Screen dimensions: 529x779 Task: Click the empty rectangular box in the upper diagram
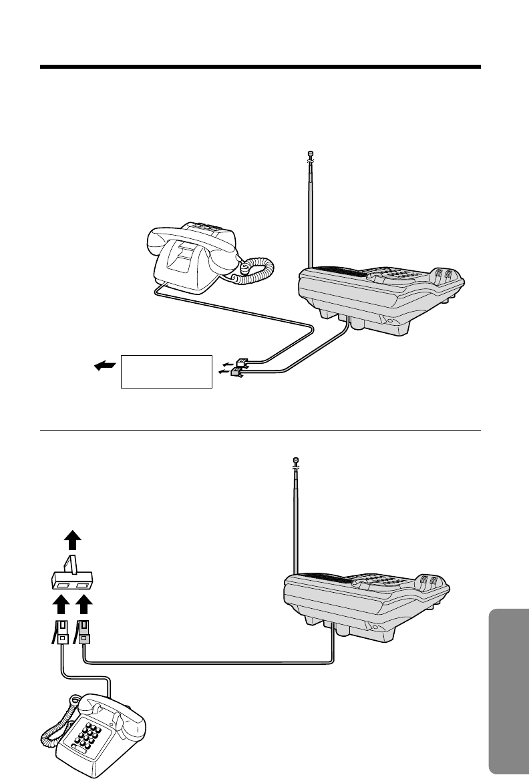166,371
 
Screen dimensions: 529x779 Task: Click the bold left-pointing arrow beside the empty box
106,365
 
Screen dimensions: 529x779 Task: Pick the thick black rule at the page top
260,67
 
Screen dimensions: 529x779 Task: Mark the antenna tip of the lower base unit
296,460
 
